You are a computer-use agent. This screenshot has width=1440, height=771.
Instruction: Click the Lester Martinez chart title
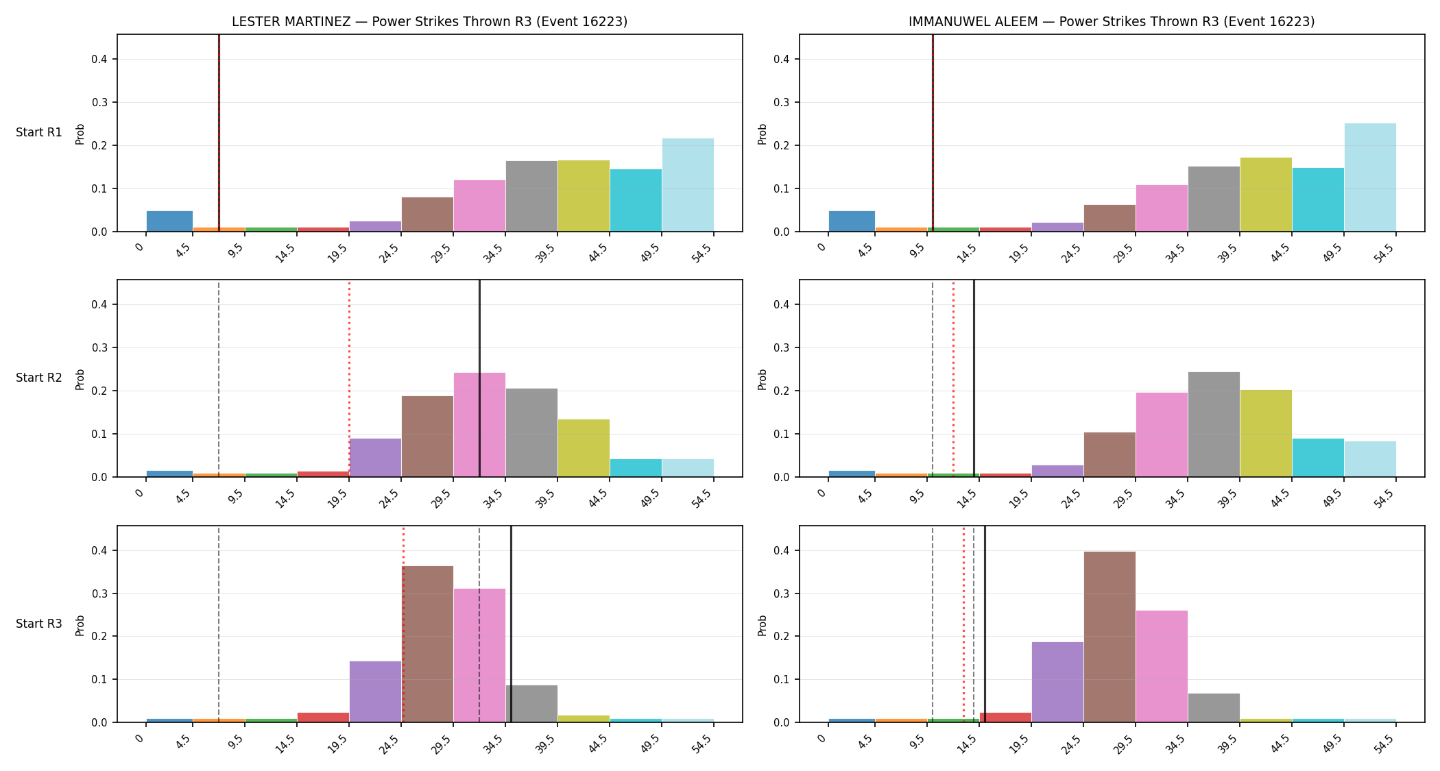pos(429,21)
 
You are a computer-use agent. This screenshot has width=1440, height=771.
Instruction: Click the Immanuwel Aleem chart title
pos(1112,21)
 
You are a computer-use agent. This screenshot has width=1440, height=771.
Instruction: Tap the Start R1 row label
pos(39,132)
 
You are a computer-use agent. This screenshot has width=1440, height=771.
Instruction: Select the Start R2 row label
pos(39,378)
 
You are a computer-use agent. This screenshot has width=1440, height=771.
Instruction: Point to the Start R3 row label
pos(39,624)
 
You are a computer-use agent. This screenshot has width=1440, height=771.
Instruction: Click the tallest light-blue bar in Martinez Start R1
pos(688,185)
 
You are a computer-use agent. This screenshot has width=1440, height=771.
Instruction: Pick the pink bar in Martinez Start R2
pos(479,425)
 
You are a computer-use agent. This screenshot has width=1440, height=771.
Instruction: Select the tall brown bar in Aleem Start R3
pos(1109,637)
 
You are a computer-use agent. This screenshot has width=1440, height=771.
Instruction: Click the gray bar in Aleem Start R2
pos(1214,424)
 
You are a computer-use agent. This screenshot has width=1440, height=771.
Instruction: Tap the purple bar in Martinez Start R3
pos(375,692)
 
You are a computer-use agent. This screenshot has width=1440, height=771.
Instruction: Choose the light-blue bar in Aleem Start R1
pos(1370,178)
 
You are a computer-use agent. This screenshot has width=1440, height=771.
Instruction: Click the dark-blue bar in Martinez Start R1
pos(169,221)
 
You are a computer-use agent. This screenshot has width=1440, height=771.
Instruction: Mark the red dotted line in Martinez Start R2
pos(349,378)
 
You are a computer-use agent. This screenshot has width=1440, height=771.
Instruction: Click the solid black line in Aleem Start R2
pos(974,378)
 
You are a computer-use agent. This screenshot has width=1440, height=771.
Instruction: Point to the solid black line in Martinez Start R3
pos(511,624)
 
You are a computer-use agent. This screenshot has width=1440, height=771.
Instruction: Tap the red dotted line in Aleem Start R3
pos(963,624)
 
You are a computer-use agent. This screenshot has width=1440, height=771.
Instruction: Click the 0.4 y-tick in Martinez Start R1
pos(99,59)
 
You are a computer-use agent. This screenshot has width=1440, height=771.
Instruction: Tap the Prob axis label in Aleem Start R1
pos(762,134)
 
